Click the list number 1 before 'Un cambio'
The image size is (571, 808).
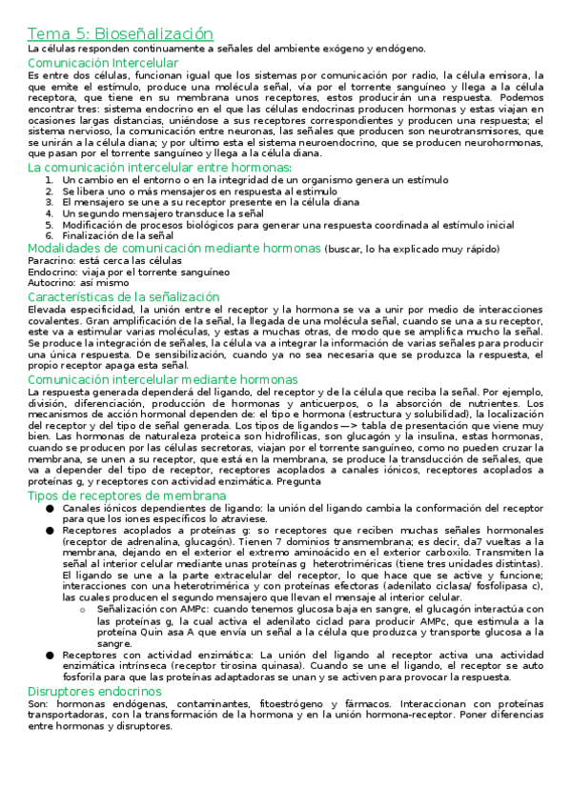tap(51, 179)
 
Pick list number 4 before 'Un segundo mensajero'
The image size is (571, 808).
tap(51, 213)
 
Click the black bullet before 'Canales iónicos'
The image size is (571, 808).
tap(48, 509)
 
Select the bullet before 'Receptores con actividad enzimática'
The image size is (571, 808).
tap(48, 656)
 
